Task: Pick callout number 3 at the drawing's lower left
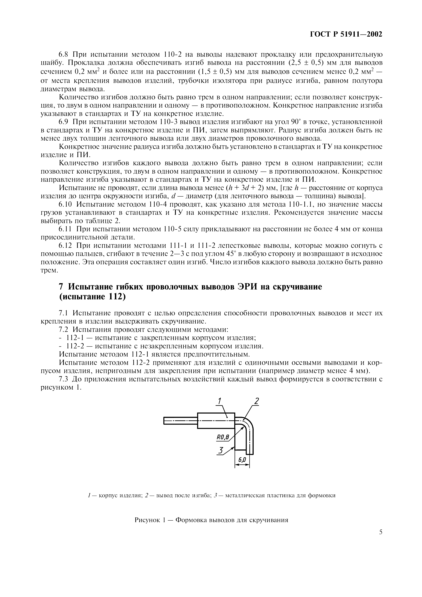click(x=221, y=450)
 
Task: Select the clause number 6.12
click(x=66, y=246)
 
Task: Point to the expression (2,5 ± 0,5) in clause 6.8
click(x=305, y=63)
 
